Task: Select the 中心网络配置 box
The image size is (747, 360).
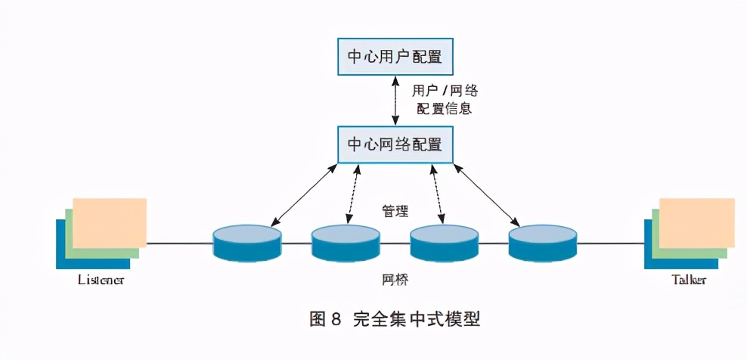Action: tap(394, 143)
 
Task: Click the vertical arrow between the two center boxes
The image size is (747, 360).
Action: tap(394, 100)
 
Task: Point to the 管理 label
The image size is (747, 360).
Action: tap(395, 211)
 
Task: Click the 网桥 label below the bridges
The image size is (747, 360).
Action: tap(395, 280)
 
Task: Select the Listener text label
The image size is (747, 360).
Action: tap(101, 280)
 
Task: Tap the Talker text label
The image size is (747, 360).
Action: tap(689, 280)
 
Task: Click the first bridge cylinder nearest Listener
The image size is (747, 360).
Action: tap(247, 243)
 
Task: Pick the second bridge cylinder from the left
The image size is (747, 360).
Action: tap(346, 243)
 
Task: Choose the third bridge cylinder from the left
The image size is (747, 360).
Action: tap(444, 243)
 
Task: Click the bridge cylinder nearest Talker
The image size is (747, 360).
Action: tap(542, 243)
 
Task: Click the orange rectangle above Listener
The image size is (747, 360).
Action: tap(110, 222)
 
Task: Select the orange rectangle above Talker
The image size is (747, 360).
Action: tap(696, 222)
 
